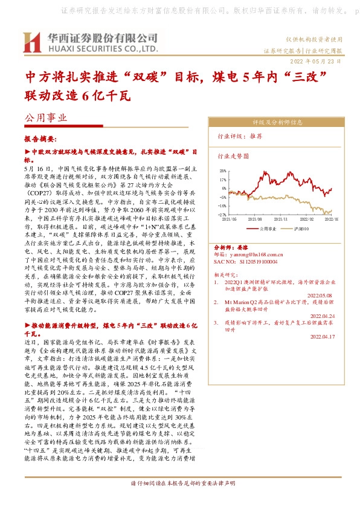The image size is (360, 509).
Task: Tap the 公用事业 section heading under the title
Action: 45,120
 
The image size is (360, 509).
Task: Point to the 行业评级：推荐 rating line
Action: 240,137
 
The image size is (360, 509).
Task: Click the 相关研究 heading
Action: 227,274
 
